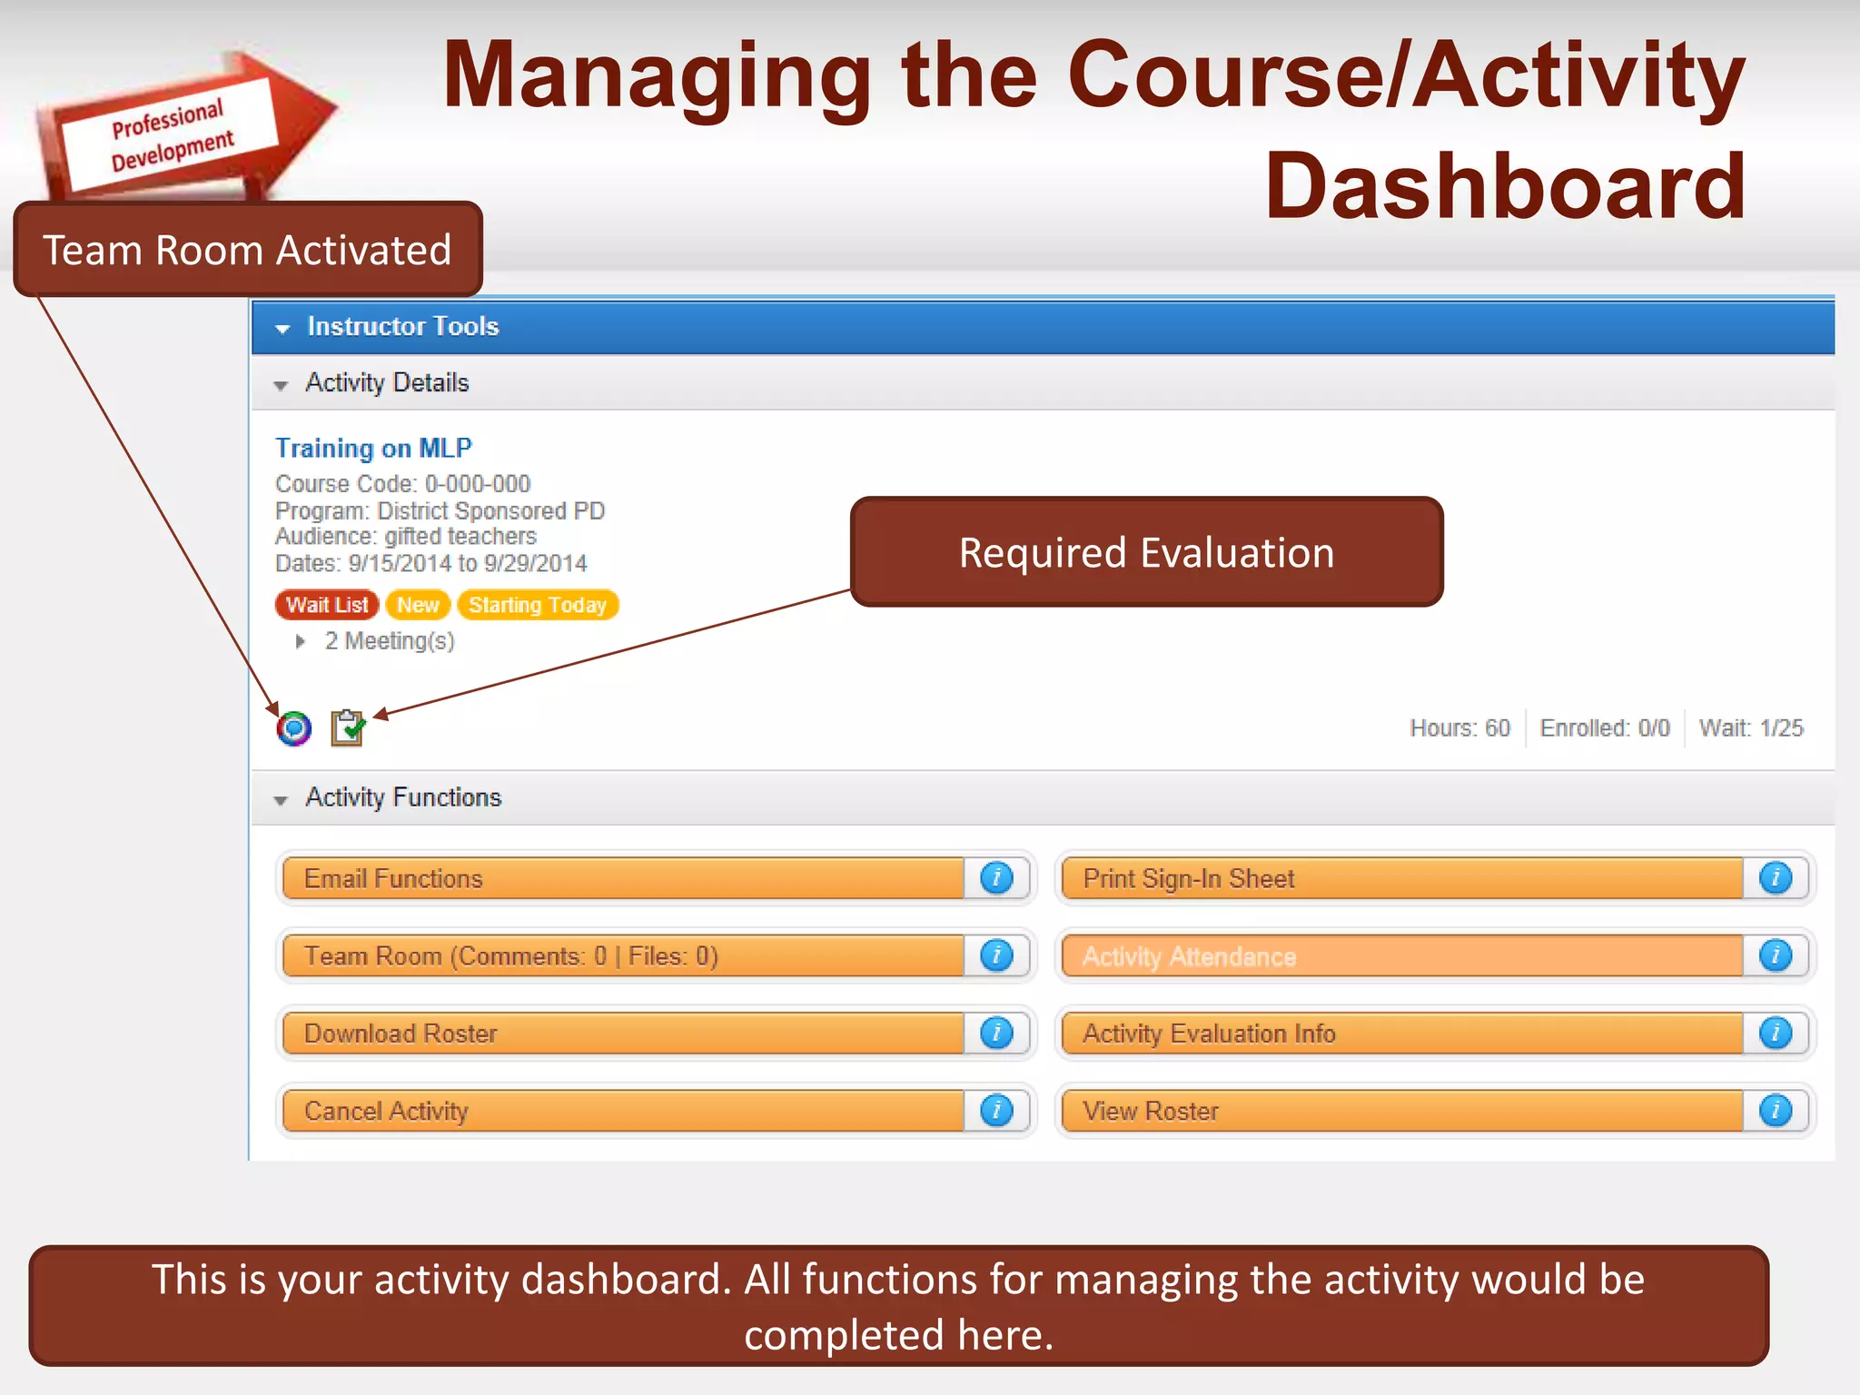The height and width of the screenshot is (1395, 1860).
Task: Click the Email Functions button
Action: (622, 878)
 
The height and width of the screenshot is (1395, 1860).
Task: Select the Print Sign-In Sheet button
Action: (1400, 878)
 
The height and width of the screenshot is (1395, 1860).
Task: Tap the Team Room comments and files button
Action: (622, 955)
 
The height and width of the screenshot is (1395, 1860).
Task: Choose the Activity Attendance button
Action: (1400, 955)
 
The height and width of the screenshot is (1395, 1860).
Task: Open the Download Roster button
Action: (622, 1034)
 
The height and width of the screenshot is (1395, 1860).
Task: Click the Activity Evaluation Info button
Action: (1400, 1034)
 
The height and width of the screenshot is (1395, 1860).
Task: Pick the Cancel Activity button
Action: (622, 1111)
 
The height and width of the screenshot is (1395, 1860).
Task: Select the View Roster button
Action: (1400, 1111)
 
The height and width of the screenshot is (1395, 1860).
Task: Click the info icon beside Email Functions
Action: (996, 878)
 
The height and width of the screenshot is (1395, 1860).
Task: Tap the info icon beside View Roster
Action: (1776, 1111)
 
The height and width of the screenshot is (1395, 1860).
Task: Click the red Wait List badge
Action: (327, 605)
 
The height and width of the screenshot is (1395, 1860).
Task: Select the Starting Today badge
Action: (538, 605)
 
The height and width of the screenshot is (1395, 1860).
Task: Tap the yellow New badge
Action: (418, 605)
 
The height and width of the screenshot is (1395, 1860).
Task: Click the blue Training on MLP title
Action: (373, 448)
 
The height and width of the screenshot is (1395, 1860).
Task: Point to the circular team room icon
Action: (294, 728)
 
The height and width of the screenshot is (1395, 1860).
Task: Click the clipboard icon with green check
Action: (347, 727)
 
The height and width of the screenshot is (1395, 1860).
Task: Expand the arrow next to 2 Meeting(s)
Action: (301, 641)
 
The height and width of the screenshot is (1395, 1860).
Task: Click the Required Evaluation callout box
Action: (1146, 552)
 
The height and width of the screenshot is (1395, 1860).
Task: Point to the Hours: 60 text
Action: (1459, 727)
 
